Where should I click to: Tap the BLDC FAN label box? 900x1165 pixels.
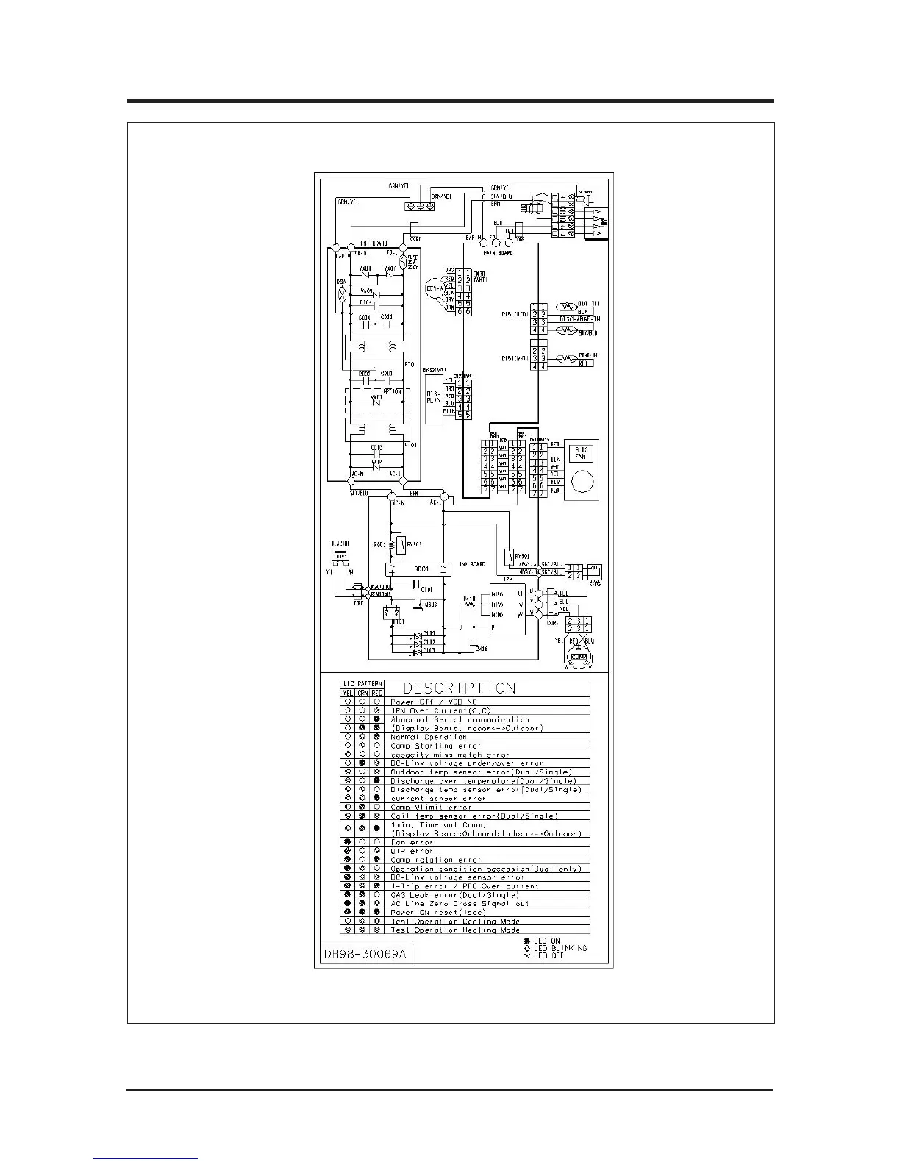[x=581, y=453]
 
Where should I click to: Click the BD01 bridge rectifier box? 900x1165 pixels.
[x=420, y=569]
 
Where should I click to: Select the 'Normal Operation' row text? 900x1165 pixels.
[x=429, y=737]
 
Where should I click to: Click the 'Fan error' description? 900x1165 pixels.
[x=412, y=842]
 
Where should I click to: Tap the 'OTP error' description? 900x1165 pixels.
[x=412, y=851]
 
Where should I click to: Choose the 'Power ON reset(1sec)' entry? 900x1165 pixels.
[x=438, y=913]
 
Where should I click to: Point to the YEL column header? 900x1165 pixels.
[x=347, y=693]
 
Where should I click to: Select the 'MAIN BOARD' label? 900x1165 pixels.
[x=499, y=253]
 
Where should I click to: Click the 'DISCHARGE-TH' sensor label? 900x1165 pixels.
[x=580, y=320]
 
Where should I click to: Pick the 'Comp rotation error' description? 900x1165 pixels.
[x=436, y=860]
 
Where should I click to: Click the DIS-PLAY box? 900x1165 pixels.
[x=434, y=398]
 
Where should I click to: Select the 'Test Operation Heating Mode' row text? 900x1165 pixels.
[x=455, y=930]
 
